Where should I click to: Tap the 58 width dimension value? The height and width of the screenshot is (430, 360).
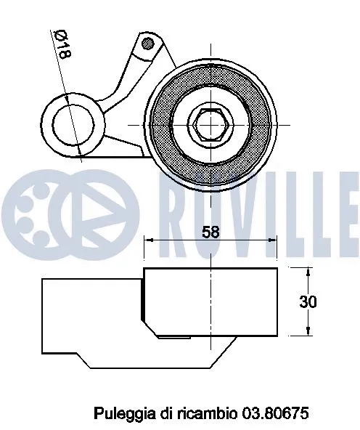click(x=210, y=232)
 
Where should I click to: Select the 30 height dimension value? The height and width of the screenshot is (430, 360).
click(x=308, y=302)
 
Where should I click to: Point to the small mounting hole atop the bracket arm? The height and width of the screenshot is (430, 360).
click(x=149, y=44)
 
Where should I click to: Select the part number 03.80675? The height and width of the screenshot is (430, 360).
click(x=277, y=413)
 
